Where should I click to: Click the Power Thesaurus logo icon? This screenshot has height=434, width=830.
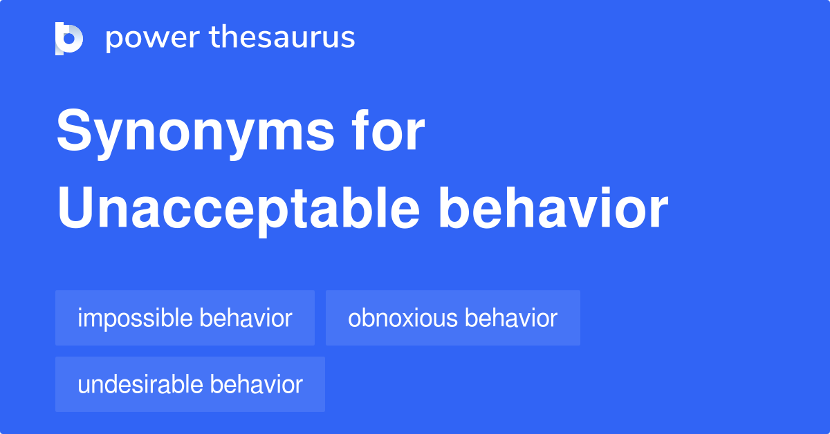click(x=69, y=38)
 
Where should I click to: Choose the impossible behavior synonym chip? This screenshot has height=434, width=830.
click(x=185, y=319)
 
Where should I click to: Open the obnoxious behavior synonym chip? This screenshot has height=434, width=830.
click(x=452, y=319)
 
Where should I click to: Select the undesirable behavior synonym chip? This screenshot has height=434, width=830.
click(x=190, y=385)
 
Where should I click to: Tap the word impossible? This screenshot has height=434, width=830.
click(x=135, y=319)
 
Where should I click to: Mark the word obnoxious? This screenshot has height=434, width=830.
click(x=403, y=319)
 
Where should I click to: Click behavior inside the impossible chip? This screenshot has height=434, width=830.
click(x=246, y=319)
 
